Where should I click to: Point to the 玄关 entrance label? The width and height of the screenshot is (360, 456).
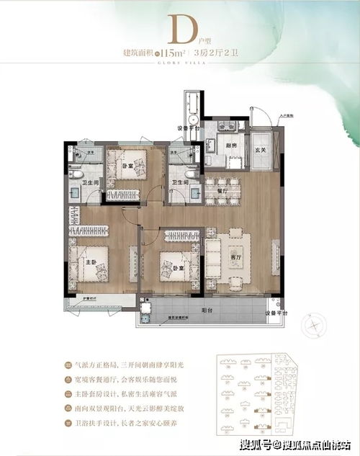click(x=260, y=150)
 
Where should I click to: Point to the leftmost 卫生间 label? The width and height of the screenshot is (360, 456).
click(x=88, y=182)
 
